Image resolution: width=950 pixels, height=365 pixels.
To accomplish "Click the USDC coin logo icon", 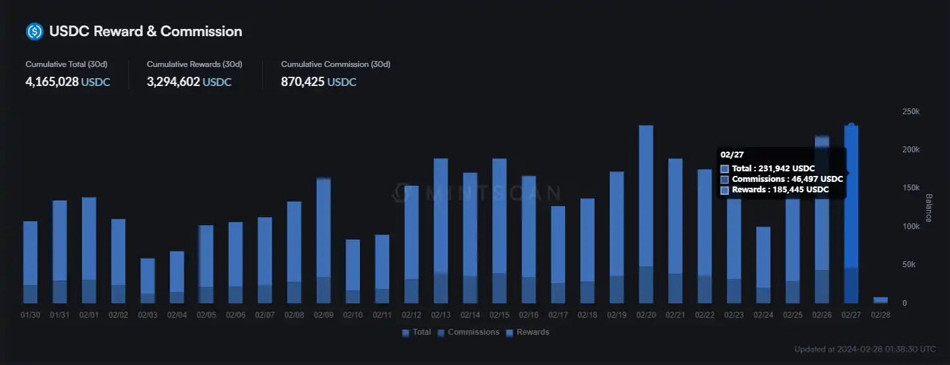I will coord(34,31).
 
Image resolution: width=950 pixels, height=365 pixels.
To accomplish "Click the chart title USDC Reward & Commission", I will coord(146,31).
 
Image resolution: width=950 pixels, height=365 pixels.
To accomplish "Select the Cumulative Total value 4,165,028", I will coord(52,82).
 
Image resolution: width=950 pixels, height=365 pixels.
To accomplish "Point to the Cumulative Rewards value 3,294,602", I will coord(173,82).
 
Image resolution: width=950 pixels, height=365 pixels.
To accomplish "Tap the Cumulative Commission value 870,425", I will coord(303,82).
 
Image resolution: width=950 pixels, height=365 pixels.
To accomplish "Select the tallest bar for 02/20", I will coord(646,210).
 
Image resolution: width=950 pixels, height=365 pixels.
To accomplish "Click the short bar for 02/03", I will coord(148,279).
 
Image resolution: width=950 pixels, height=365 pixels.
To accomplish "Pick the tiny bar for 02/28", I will coord(881,300).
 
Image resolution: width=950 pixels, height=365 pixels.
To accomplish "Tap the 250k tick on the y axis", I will coord(911,112).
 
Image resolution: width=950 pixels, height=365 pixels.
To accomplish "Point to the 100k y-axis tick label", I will coord(911,226).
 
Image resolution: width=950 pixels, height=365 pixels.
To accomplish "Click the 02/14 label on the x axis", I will coord(470,315).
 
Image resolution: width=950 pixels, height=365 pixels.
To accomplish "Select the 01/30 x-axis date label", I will coord(30,315).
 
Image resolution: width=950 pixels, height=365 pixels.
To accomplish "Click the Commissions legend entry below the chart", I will coord(468,332).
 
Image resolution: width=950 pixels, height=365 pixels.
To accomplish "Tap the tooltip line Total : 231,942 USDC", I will coord(773,169).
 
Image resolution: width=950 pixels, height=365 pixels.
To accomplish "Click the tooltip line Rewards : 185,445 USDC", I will coord(780,190).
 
